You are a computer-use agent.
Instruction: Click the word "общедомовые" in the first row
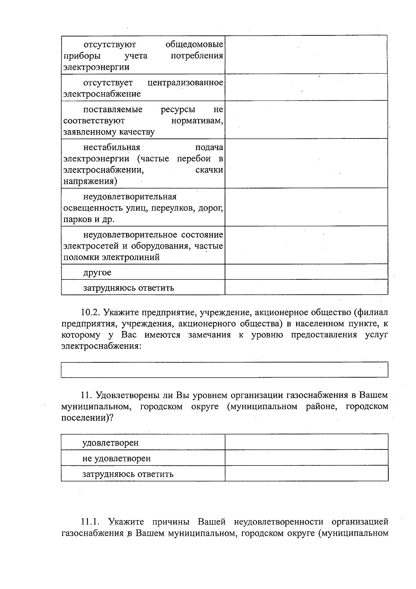pyautogui.click(x=194, y=45)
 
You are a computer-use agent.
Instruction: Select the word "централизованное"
pyautogui.click(x=185, y=83)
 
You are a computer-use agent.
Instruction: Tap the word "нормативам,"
pyautogui.click(x=197, y=121)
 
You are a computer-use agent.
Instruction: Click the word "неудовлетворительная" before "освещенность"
pyautogui.click(x=130, y=197)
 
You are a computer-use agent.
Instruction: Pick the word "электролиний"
pyautogui.click(x=131, y=258)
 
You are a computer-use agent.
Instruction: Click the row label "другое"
pyautogui.click(x=97, y=273)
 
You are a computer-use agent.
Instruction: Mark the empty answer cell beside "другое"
pyautogui.click(x=306, y=272)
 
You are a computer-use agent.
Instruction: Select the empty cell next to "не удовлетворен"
pyautogui.click(x=306, y=458)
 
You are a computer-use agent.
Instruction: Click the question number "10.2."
pyautogui.click(x=90, y=312)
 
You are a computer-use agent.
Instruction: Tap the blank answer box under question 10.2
pyautogui.click(x=224, y=370)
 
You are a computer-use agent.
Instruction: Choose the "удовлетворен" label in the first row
pyautogui.click(x=110, y=443)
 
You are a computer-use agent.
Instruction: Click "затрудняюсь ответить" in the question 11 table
pyautogui.click(x=128, y=474)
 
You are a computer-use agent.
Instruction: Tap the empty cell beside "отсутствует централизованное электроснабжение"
pyautogui.click(x=306, y=87)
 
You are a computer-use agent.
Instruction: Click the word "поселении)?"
pyautogui.click(x=87, y=418)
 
